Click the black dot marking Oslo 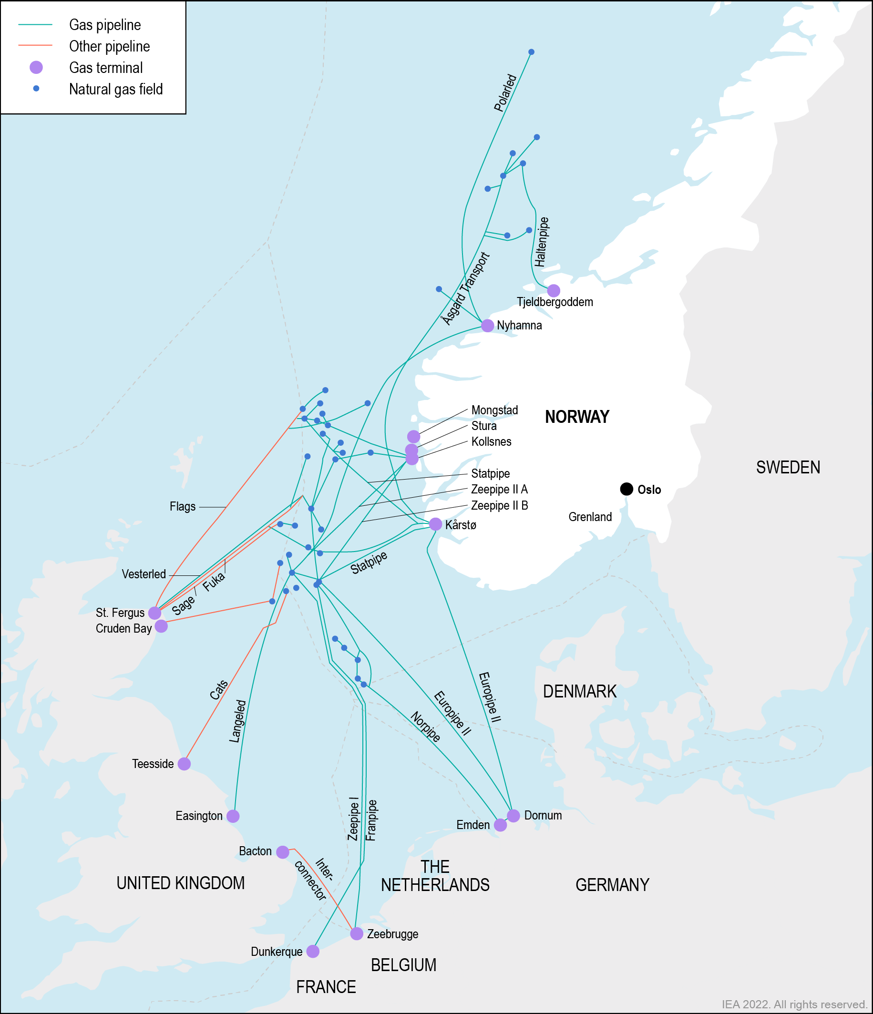pyautogui.click(x=627, y=489)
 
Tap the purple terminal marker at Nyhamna pyautogui.click(x=487, y=326)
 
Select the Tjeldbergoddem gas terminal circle pyautogui.click(x=554, y=291)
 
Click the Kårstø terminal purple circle pyautogui.click(x=435, y=524)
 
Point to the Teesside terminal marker pyautogui.click(x=184, y=763)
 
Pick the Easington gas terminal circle pyautogui.click(x=233, y=816)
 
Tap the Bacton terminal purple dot pyautogui.click(x=283, y=852)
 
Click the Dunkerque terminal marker pyautogui.click(x=313, y=952)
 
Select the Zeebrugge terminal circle pyautogui.click(x=357, y=934)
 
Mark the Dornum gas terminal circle pyautogui.click(x=514, y=815)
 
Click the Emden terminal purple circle pyautogui.click(x=500, y=825)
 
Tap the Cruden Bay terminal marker pyautogui.click(x=161, y=626)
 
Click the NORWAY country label pyautogui.click(x=577, y=417)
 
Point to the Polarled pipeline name pyautogui.click(x=505, y=93)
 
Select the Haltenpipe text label pyautogui.click(x=541, y=242)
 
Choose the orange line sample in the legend pyautogui.click(x=35, y=45)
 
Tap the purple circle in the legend pyautogui.click(x=36, y=68)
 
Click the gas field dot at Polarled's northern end pyautogui.click(x=532, y=52)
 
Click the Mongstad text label pyautogui.click(x=494, y=410)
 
